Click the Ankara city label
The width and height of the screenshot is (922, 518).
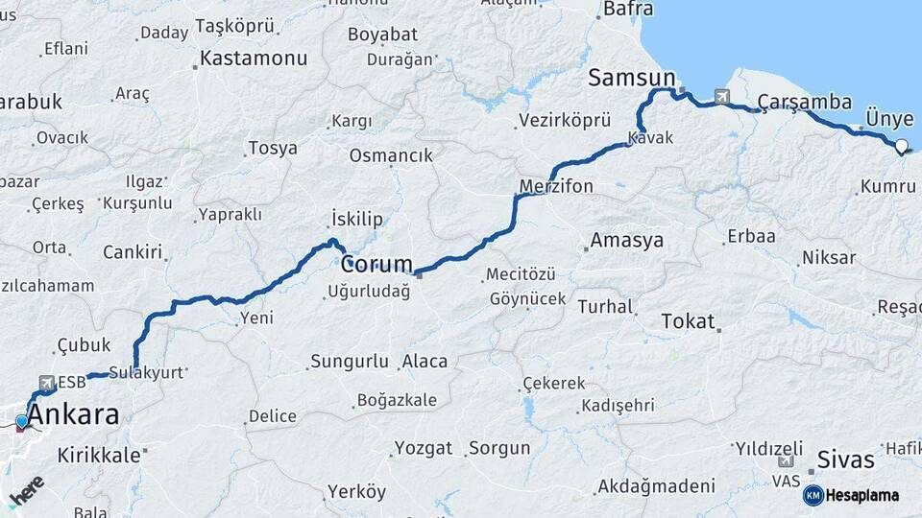pyautogui.click(x=74, y=415)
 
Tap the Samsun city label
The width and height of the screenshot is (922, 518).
pyautogui.click(x=632, y=78)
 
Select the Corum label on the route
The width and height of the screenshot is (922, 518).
pyautogui.click(x=376, y=263)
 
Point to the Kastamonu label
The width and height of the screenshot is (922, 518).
pyautogui.click(x=255, y=58)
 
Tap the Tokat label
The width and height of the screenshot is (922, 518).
pyautogui.click(x=688, y=321)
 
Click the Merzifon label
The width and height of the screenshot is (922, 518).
pyautogui.click(x=556, y=185)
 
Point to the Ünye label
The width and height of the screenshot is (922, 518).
pyautogui.click(x=889, y=118)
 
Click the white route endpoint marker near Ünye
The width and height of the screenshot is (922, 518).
pyautogui.click(x=902, y=147)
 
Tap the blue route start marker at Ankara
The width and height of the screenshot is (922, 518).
pyautogui.click(x=21, y=421)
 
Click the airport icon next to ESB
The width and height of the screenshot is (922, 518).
pyautogui.click(x=45, y=383)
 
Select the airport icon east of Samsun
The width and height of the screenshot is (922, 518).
pyautogui.click(x=721, y=96)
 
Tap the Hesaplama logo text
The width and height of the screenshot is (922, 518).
pyautogui.click(x=861, y=495)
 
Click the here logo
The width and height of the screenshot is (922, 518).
pyautogui.click(x=27, y=490)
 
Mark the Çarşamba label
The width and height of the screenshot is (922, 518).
pyautogui.click(x=805, y=102)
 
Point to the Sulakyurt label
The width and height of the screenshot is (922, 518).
pyautogui.click(x=146, y=372)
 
